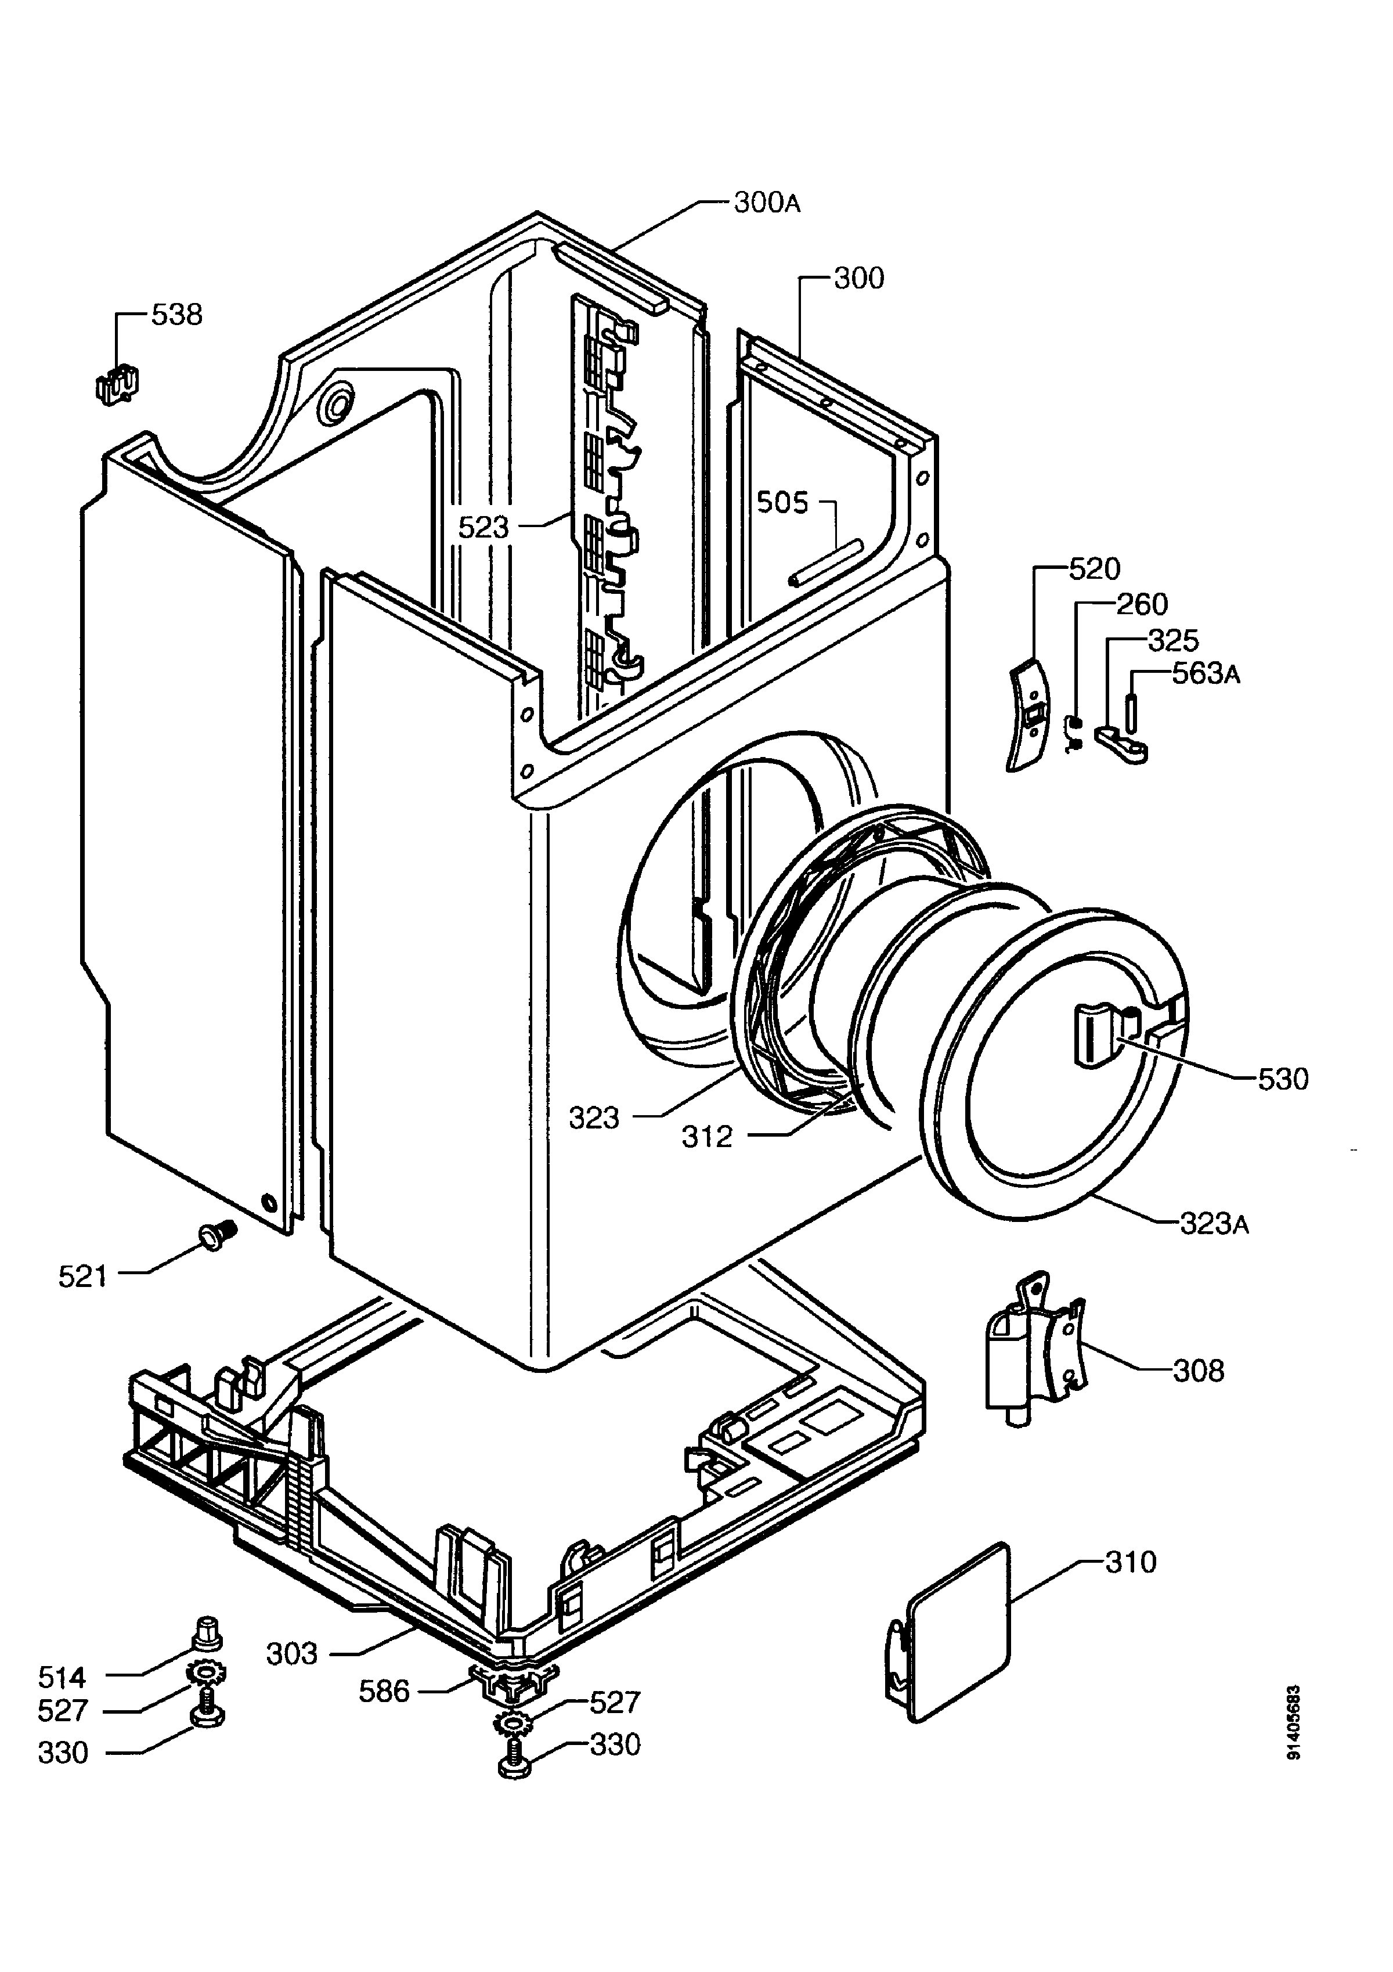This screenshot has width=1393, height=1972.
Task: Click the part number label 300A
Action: [x=767, y=204]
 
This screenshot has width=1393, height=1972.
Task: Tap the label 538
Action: [x=177, y=315]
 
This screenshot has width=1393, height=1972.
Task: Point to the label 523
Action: [x=483, y=527]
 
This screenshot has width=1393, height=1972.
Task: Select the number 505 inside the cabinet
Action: [x=782, y=503]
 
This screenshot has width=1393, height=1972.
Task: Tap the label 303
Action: [x=292, y=1653]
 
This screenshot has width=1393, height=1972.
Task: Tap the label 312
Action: [x=707, y=1137]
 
